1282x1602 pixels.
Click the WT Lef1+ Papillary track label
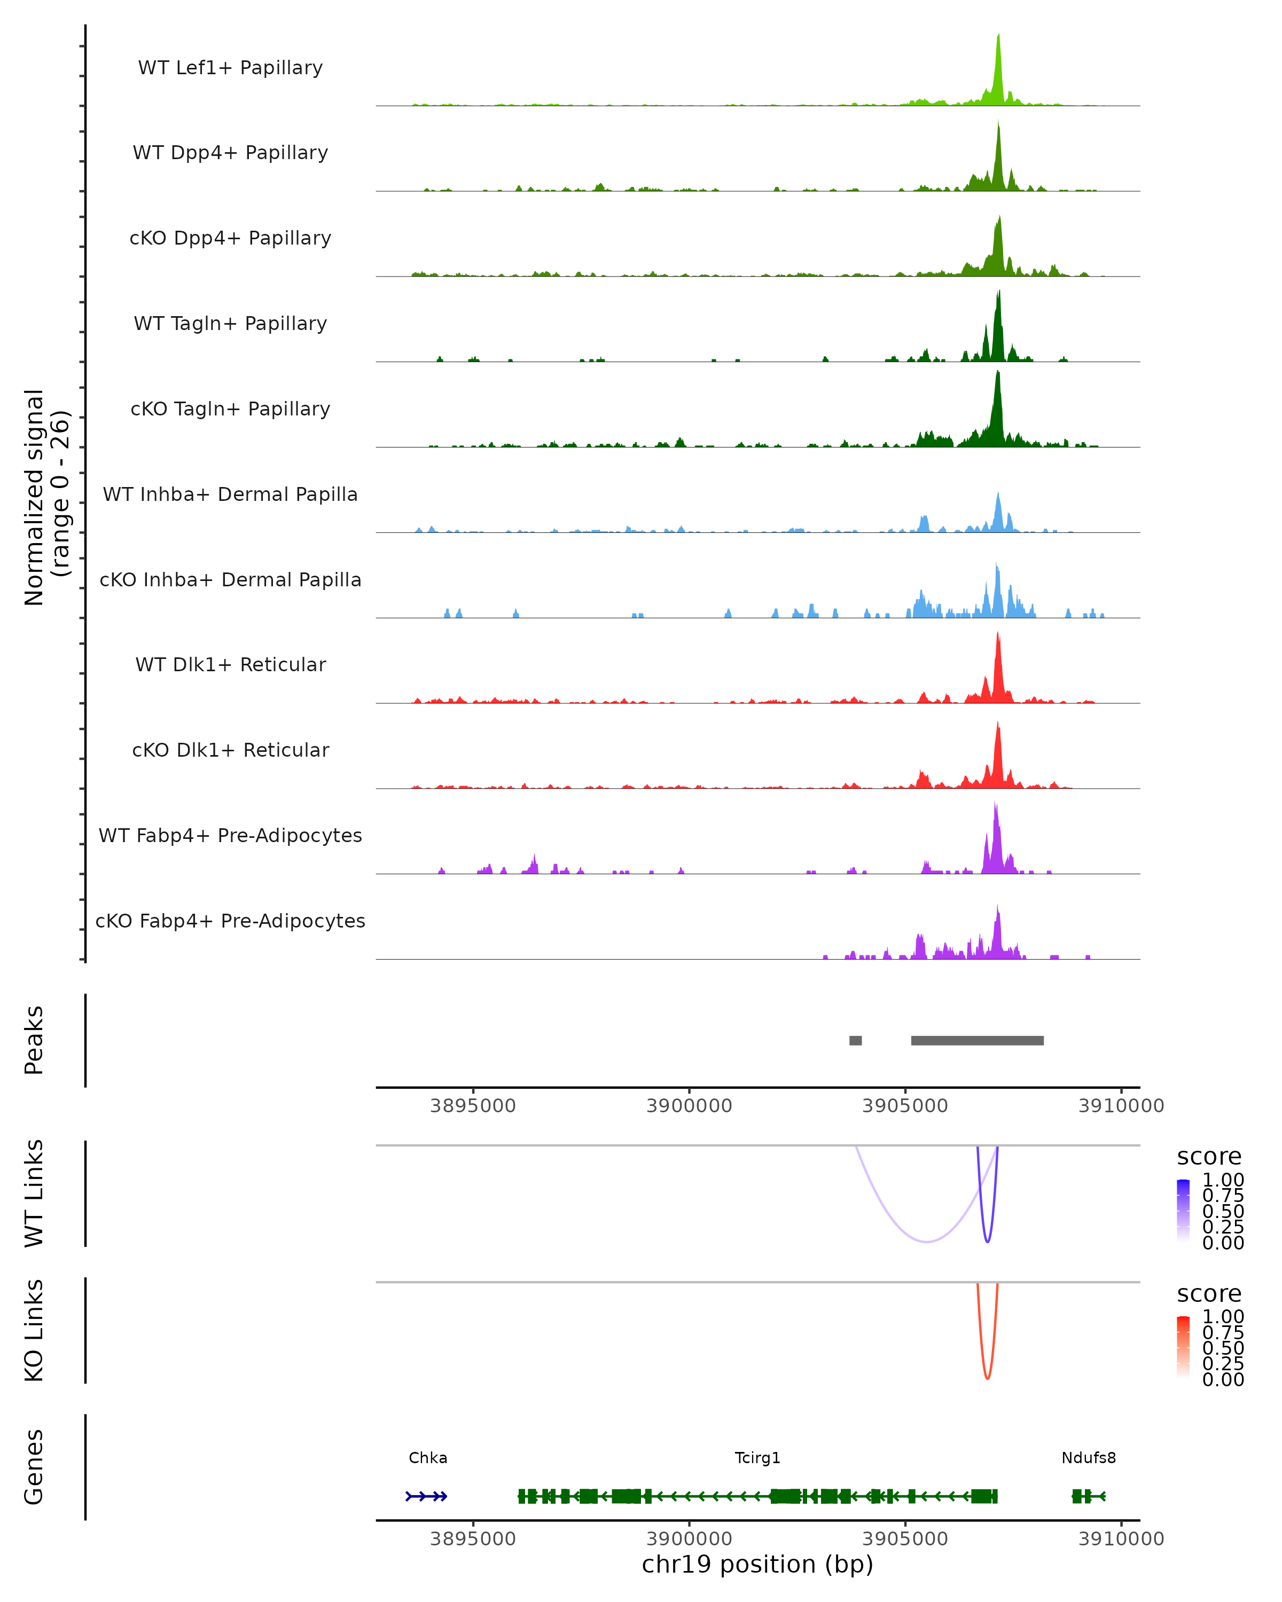(x=230, y=68)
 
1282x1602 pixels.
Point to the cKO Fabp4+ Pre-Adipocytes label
(x=230, y=921)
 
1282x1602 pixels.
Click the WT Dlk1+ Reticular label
(x=230, y=664)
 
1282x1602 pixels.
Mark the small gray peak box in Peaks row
(x=855, y=1040)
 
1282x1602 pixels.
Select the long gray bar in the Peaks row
(x=978, y=1040)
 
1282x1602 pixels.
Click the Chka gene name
(x=428, y=1458)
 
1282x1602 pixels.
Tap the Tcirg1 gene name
(x=757, y=1458)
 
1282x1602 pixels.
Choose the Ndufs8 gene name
(x=1088, y=1458)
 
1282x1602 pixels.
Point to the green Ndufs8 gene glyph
(x=1087, y=1496)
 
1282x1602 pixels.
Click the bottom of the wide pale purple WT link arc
(x=926, y=1242)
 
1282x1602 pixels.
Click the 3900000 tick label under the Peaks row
(x=689, y=1106)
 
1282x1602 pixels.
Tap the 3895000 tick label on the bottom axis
(x=473, y=1539)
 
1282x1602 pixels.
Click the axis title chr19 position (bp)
(x=757, y=1565)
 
